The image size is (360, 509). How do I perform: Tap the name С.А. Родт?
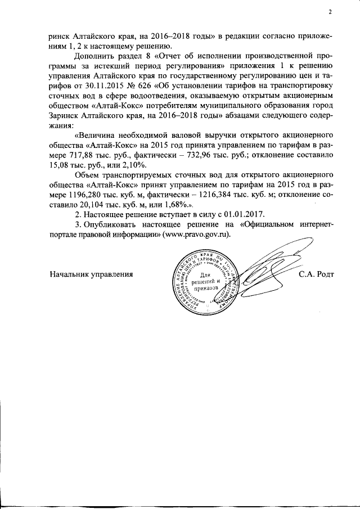(x=317, y=274)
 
